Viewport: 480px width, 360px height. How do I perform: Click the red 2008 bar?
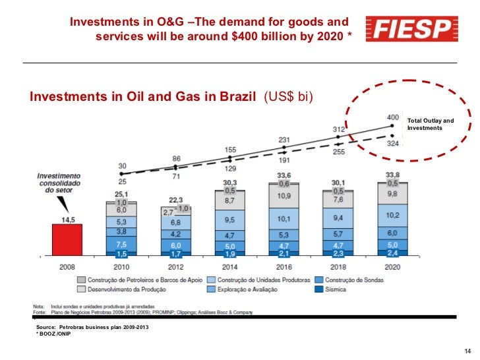pyautogui.click(x=67, y=239)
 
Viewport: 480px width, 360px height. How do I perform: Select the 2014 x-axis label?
pyautogui.click(x=230, y=267)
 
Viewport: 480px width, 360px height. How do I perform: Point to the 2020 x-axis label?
pyautogui.click(x=392, y=267)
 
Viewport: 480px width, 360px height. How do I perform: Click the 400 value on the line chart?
pyautogui.click(x=393, y=117)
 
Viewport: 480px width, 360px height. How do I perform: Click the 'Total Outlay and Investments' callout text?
pyautogui.click(x=431, y=125)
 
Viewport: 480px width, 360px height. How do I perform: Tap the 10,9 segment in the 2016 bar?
pyautogui.click(x=285, y=196)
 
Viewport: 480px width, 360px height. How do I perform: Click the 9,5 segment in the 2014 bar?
pyautogui.click(x=230, y=220)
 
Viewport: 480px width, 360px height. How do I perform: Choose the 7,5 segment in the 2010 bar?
pyautogui.click(x=121, y=243)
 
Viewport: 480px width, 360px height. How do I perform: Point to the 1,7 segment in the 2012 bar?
pyautogui.click(x=175, y=253)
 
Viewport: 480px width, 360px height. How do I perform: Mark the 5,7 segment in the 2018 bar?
pyautogui.click(x=339, y=234)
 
